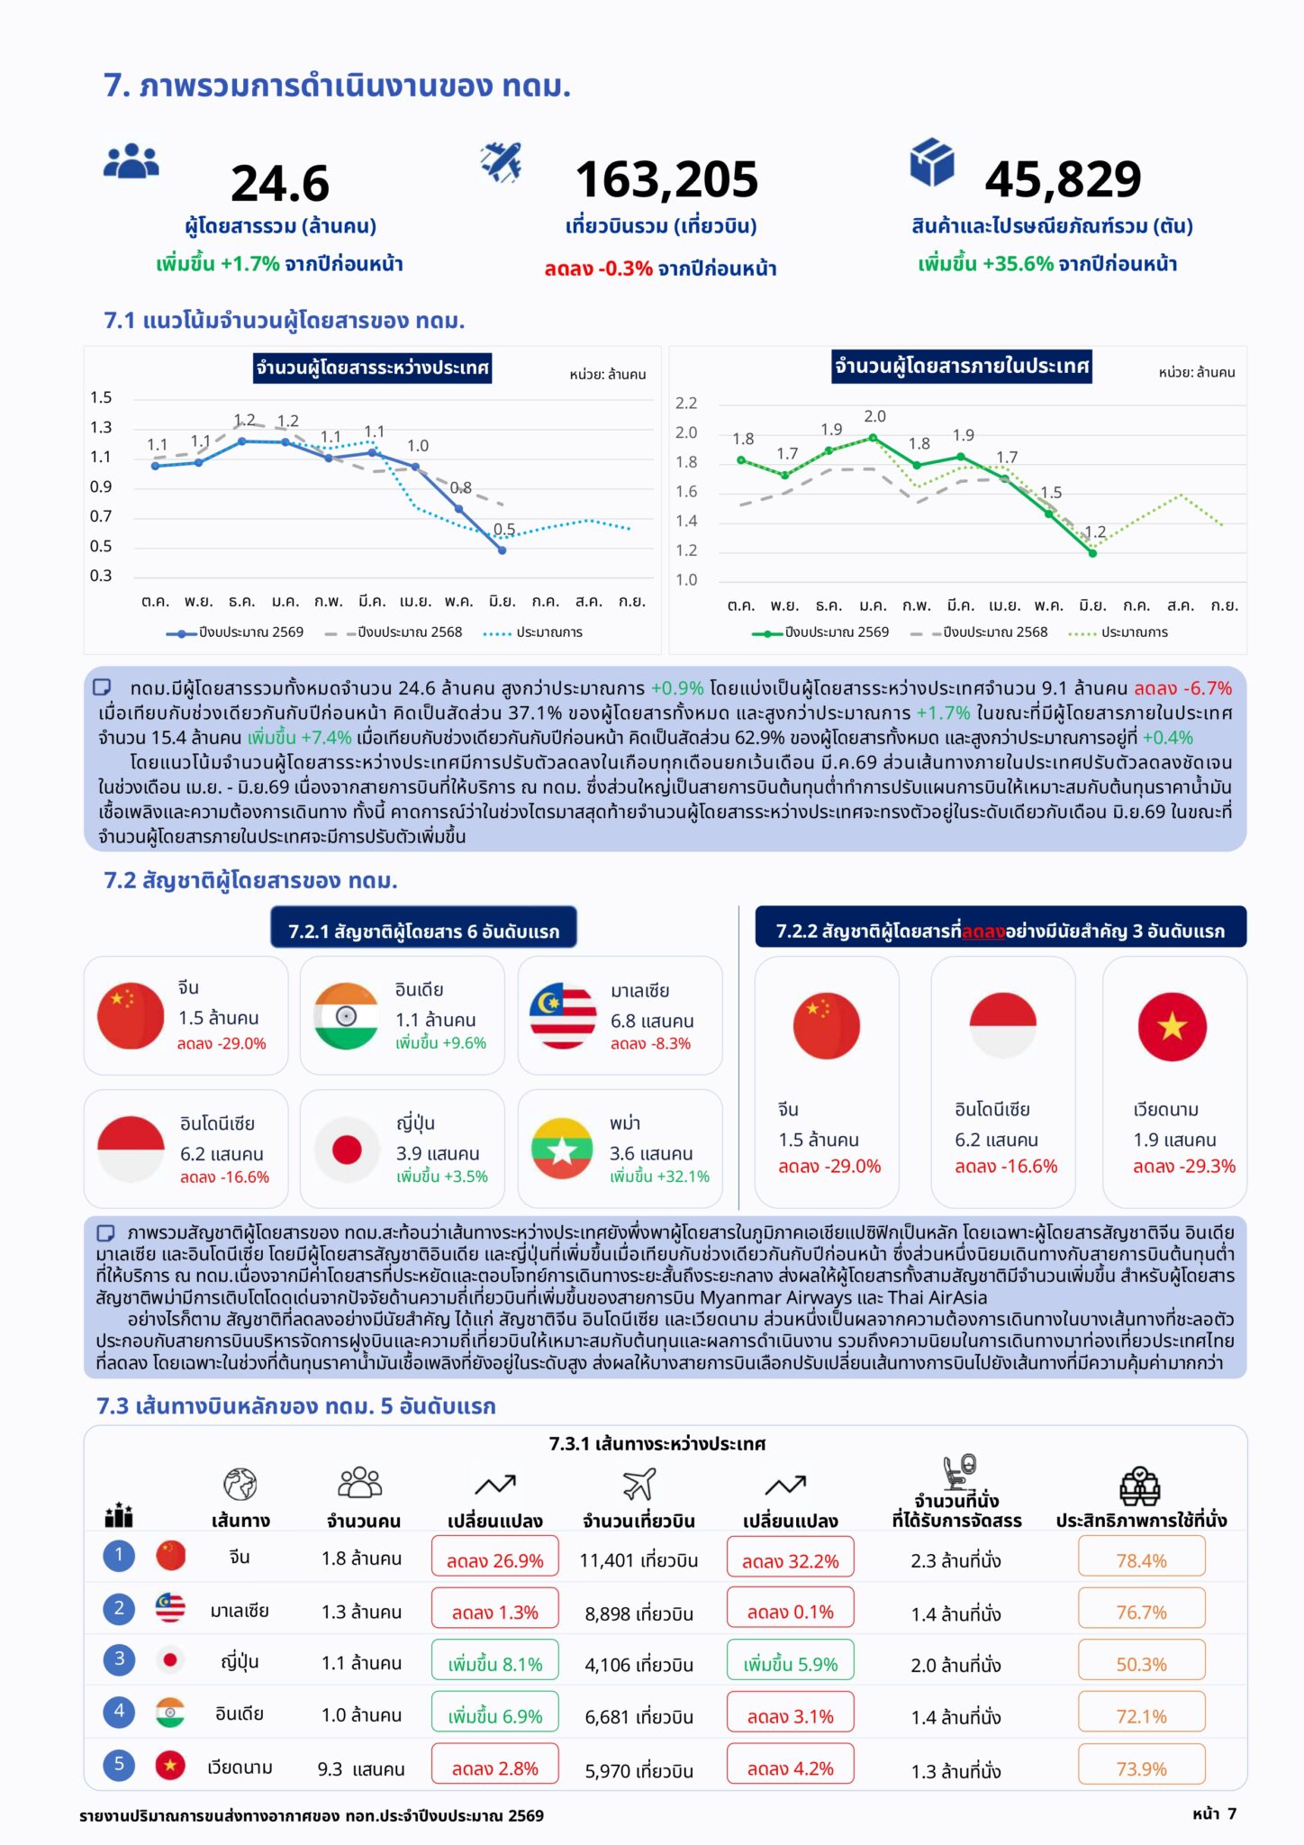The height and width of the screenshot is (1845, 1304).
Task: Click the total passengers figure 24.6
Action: (x=280, y=184)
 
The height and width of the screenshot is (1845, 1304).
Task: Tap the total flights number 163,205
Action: (x=666, y=179)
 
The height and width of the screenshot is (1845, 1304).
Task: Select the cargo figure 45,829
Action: (x=1063, y=179)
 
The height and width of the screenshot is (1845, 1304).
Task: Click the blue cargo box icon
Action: (x=931, y=162)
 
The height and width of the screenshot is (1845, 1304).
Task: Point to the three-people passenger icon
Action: (x=131, y=161)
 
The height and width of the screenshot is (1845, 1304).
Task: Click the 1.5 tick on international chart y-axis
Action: (x=101, y=397)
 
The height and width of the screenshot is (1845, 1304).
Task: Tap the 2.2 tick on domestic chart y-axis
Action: (x=686, y=403)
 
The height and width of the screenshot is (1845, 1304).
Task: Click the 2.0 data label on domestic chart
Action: (x=874, y=416)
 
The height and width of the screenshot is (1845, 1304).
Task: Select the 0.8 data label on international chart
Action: (x=460, y=487)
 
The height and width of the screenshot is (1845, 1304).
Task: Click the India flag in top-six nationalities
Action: (x=346, y=1016)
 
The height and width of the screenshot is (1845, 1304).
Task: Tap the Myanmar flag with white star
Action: (x=562, y=1149)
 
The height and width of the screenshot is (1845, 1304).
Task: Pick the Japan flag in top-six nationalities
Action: (x=347, y=1149)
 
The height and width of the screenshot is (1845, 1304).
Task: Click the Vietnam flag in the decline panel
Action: (x=1172, y=1026)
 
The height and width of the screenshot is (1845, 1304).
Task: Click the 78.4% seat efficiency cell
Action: (x=1141, y=1560)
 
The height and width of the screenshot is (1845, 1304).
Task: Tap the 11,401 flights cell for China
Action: (x=638, y=1560)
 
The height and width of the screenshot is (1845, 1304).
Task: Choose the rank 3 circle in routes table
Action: (x=119, y=1659)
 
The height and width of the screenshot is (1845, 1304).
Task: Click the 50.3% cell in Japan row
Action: (x=1141, y=1665)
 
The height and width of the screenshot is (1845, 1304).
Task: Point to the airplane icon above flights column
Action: (x=638, y=1484)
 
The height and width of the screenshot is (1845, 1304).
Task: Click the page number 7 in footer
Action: (x=1232, y=1813)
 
